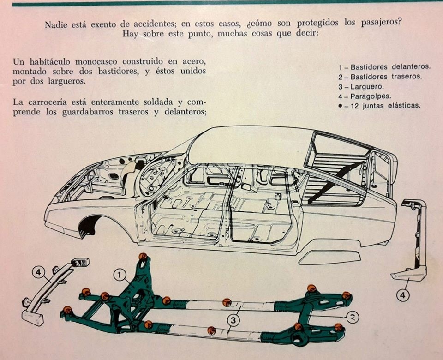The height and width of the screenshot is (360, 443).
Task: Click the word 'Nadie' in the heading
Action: [x=56, y=24]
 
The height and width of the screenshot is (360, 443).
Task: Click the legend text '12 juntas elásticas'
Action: [x=385, y=106]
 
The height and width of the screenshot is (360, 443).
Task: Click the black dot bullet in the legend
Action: [x=341, y=106]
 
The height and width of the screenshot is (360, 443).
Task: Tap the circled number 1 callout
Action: [x=120, y=274]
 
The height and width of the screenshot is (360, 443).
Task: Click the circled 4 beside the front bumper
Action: [x=39, y=272]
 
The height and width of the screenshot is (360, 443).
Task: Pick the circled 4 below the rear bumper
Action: [x=403, y=295]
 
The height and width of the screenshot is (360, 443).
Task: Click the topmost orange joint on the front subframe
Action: [x=143, y=257]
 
